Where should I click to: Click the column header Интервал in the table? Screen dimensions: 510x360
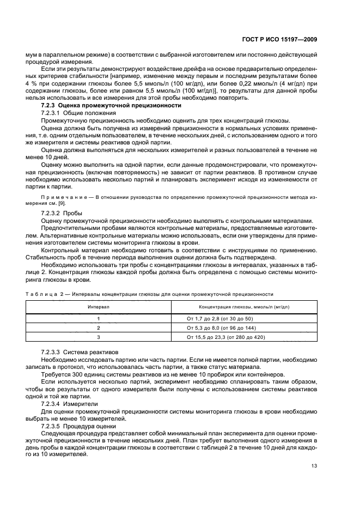(x=99, y=307)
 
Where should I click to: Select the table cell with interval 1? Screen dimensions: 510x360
(x=99, y=318)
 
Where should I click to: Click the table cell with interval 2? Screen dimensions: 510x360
(x=99, y=327)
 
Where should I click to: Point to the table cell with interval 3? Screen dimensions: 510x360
(x=99, y=337)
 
